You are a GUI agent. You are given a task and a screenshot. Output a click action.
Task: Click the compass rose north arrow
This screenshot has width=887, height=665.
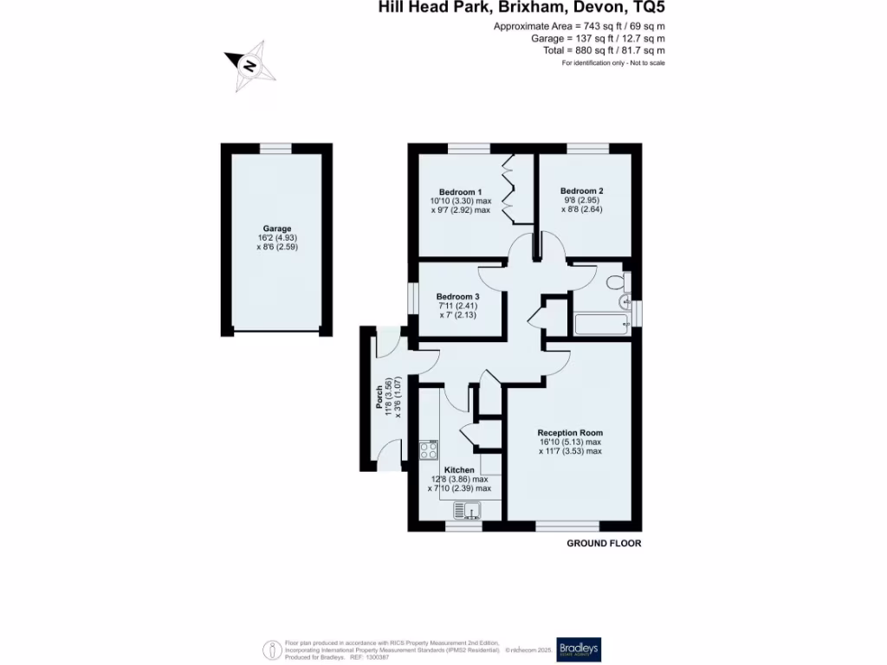tap(249, 66)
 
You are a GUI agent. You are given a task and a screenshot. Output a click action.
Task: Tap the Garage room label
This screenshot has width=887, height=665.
tap(277, 229)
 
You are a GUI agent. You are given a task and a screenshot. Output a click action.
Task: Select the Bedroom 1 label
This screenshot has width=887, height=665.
tap(460, 191)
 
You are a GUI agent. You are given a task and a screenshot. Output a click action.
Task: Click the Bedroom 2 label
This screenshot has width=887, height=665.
tap(581, 190)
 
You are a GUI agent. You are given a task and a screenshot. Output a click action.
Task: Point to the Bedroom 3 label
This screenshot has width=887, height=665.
tap(458, 296)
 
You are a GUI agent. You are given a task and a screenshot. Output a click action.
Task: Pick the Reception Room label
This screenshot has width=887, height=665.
tap(569, 432)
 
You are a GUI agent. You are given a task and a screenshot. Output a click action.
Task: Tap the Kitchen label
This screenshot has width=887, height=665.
tap(459, 469)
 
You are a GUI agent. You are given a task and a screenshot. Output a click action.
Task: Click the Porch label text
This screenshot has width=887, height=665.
tap(379, 397)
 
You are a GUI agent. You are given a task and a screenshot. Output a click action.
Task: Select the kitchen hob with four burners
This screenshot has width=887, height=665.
tap(429, 449)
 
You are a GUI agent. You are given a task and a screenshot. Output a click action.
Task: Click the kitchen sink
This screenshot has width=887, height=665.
tap(465, 509)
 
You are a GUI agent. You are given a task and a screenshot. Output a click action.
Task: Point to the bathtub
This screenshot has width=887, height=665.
tap(601, 325)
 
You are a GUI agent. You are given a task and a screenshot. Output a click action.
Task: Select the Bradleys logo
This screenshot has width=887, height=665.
tap(579, 649)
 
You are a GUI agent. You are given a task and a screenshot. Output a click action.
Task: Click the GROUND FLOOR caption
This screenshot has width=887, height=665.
tap(604, 543)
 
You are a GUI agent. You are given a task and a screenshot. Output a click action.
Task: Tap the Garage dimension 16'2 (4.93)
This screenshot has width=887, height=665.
tap(277, 237)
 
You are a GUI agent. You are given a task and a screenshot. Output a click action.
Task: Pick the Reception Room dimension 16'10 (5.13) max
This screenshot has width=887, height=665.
tap(569, 442)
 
